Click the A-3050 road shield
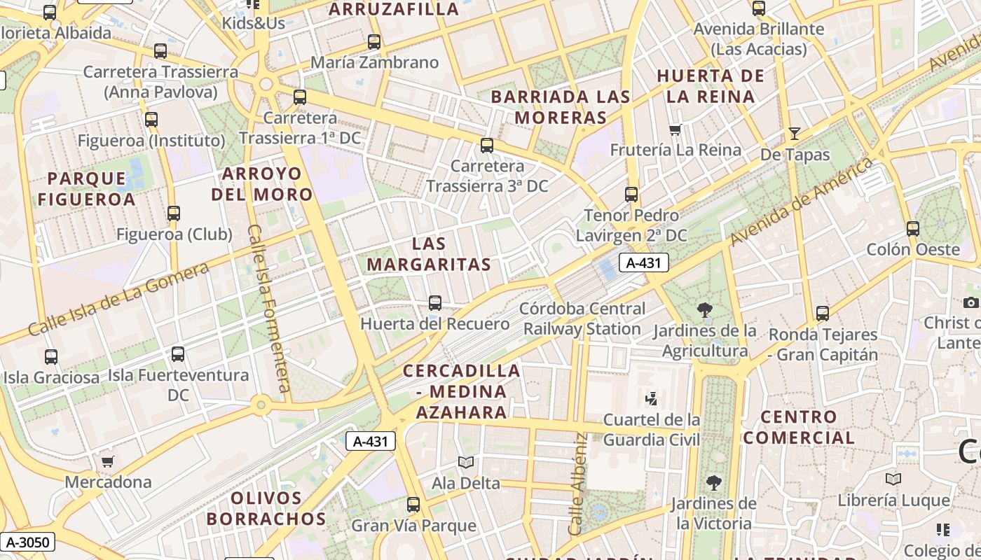(x=27, y=541)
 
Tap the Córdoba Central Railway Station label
(x=582, y=318)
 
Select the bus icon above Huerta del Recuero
(x=435, y=303)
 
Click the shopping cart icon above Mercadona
(x=108, y=461)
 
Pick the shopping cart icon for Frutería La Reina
(x=675, y=129)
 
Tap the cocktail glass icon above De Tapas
(x=795, y=133)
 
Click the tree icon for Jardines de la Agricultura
(x=705, y=309)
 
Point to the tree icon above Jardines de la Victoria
(x=713, y=482)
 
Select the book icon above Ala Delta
(x=466, y=462)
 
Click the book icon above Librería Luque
(x=893, y=479)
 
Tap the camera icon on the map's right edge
(x=970, y=302)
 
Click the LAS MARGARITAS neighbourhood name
(x=429, y=254)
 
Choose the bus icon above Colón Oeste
(x=913, y=228)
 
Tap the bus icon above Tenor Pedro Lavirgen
(x=631, y=194)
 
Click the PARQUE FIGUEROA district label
(x=87, y=188)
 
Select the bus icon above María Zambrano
(x=374, y=42)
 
